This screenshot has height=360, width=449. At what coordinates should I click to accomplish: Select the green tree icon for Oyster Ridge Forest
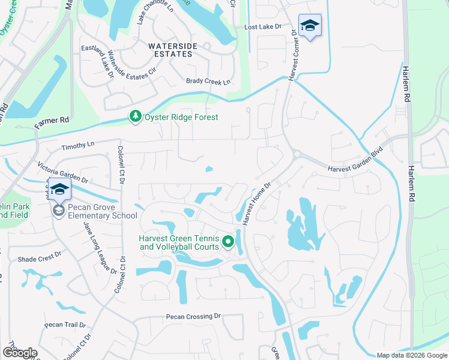tap(136, 117)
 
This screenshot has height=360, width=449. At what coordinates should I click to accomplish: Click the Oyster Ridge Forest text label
tap(181, 118)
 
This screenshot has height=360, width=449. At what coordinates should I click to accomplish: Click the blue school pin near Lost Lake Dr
tap(310, 26)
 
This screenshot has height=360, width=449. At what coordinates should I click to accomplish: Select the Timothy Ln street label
tap(78, 145)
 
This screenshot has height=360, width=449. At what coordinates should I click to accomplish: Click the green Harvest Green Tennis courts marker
tap(228, 242)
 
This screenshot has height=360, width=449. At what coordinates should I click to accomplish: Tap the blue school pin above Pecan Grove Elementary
tap(59, 189)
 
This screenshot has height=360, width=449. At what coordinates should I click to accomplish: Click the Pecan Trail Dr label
tap(65, 325)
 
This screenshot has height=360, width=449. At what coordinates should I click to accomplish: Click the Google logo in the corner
tap(20, 353)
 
